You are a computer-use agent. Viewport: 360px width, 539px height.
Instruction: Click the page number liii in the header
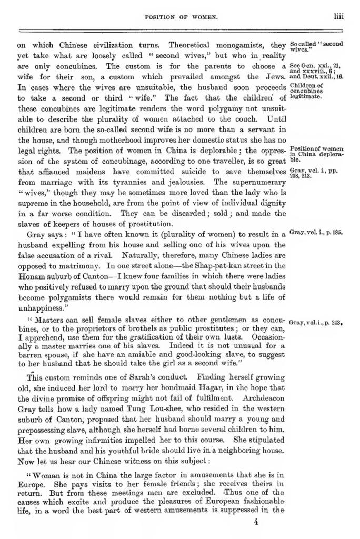338,16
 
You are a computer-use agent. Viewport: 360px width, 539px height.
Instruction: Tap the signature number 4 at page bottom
255,523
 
